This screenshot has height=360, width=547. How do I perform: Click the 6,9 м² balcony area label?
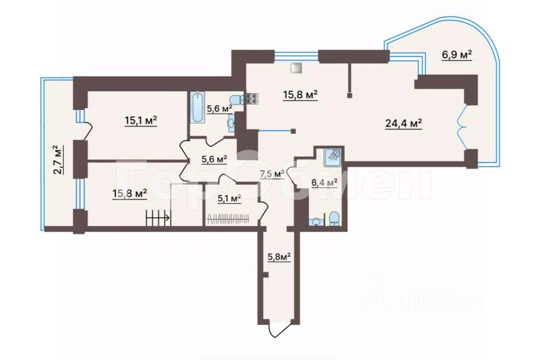click(x=456, y=55)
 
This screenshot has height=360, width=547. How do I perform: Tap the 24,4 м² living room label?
click(x=403, y=123)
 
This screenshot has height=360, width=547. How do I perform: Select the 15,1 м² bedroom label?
click(x=141, y=120)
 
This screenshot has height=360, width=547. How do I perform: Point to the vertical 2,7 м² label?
click(x=57, y=159)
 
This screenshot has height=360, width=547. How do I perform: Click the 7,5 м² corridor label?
click(x=272, y=174)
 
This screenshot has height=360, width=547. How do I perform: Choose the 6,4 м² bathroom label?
click(x=324, y=182)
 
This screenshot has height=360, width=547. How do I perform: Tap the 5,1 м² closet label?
click(x=229, y=198)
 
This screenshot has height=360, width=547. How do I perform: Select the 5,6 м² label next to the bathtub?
click(x=219, y=108)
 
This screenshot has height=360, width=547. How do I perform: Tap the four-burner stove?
click(x=252, y=99)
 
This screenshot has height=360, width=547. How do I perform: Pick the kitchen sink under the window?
click(x=296, y=67)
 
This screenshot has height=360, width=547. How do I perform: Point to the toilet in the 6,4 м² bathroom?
click(x=334, y=218)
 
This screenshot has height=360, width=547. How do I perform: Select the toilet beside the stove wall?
click(x=235, y=100)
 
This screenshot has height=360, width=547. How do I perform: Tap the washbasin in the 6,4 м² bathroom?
click(x=315, y=221)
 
